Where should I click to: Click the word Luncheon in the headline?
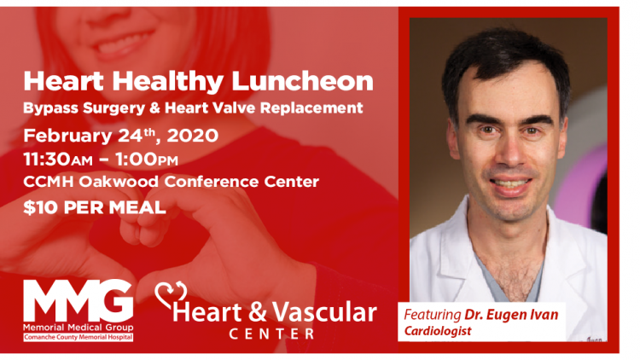tap(302, 81)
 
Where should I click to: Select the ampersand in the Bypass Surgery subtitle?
tap(154, 107)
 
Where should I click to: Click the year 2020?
tap(193, 136)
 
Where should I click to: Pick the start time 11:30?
tap(47, 160)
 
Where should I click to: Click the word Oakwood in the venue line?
tap(119, 181)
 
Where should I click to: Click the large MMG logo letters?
tap(78, 300)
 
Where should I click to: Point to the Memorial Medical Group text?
tap(78, 328)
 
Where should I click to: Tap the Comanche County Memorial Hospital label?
tap(78, 337)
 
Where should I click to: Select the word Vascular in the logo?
tap(324, 312)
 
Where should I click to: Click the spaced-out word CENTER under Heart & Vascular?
tap(272, 334)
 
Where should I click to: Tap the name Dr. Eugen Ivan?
tap(511, 315)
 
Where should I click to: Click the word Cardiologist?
tap(438, 331)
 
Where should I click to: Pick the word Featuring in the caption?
tap(433, 315)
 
